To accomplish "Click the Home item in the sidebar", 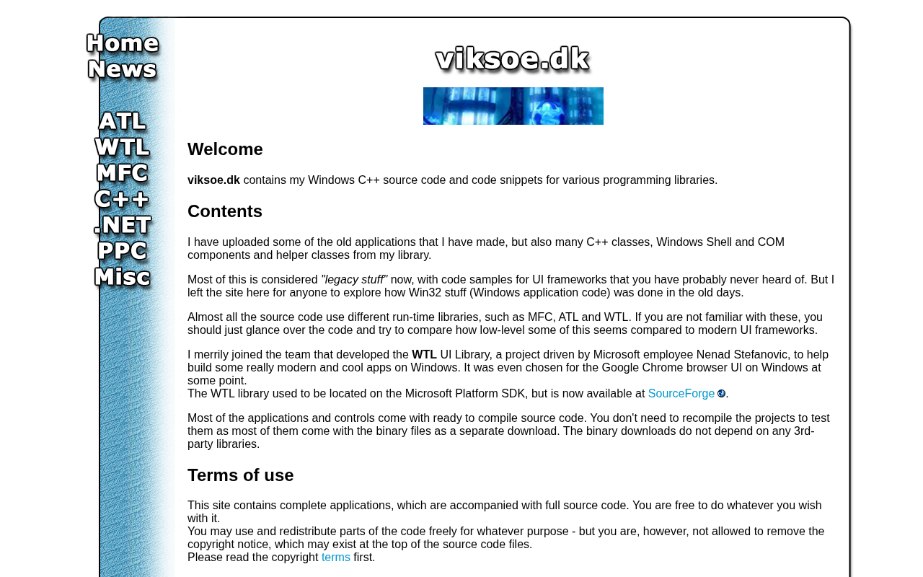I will (123, 43).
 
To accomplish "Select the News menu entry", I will (123, 69).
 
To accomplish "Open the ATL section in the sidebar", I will (123, 121).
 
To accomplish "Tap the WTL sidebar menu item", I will (123, 147).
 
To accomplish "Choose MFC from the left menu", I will (123, 173).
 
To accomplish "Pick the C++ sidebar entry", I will (123, 199).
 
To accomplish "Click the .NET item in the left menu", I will (123, 225).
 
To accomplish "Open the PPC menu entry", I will (123, 251).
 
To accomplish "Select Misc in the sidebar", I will (123, 277).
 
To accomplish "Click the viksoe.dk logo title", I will (513, 58).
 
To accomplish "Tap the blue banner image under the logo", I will (513, 106).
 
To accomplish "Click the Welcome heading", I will (225, 149).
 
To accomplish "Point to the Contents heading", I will (225, 211).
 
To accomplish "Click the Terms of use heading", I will (241, 475).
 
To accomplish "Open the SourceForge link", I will (681, 394).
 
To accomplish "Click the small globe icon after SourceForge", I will (721, 394).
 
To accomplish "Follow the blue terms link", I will (336, 558).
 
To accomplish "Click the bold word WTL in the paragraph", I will (424, 355).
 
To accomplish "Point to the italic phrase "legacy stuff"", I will (354, 280).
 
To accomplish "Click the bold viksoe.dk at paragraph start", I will (213, 180).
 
